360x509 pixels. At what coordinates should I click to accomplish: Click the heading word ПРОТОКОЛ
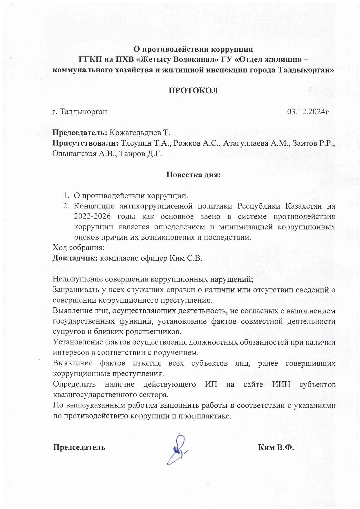193,91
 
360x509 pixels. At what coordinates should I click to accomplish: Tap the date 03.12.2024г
308,112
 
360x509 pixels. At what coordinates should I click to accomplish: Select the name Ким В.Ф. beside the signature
276,447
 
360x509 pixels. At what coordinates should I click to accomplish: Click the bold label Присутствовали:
86,143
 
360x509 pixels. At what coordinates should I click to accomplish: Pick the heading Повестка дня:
193,175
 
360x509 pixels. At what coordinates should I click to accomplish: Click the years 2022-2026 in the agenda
91,216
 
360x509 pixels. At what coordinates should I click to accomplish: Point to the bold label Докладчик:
75,258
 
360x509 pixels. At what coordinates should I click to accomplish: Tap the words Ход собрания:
78,248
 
